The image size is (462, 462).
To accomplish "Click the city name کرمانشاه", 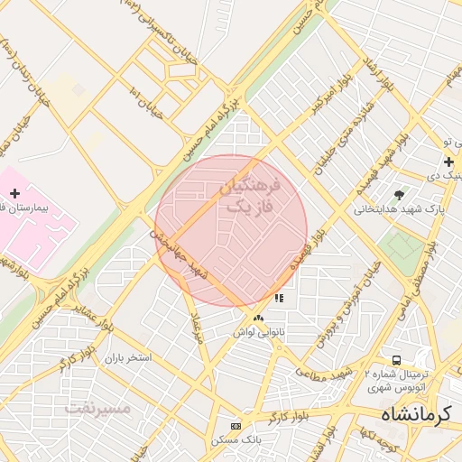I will coord(413,415).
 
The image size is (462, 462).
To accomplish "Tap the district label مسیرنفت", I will coord(97,408).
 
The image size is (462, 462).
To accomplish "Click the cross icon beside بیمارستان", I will coord(14,193).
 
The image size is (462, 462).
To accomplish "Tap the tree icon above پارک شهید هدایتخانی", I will coord(400,194).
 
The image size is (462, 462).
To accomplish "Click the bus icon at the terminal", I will coord(396,360).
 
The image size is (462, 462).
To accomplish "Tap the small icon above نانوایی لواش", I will coord(259,318).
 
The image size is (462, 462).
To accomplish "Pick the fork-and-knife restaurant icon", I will coord(279,298).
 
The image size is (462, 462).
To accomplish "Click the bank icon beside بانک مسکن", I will coord(236,426).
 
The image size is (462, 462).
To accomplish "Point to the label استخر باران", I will coord(127,358).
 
